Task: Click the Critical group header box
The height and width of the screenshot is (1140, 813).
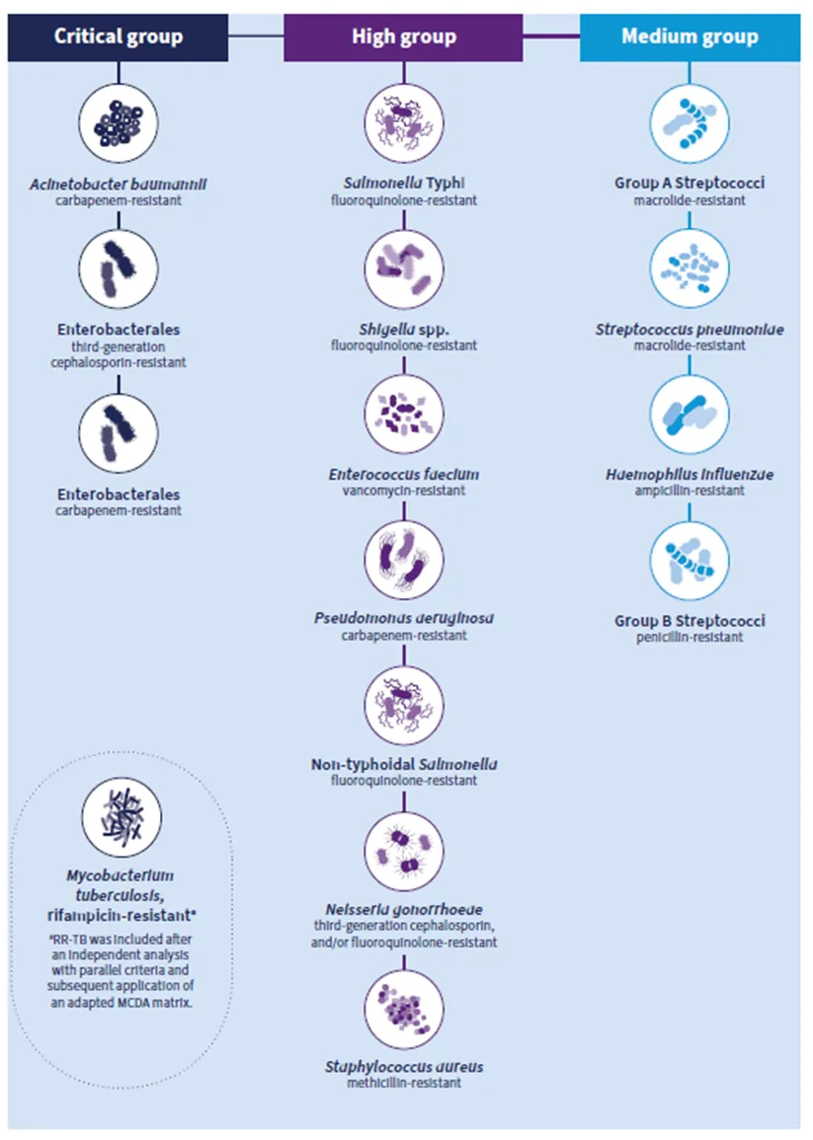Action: pyautogui.click(x=119, y=38)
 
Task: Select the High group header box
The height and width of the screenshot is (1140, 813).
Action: pyautogui.click(x=403, y=38)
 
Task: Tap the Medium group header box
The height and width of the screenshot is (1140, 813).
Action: pyautogui.click(x=690, y=38)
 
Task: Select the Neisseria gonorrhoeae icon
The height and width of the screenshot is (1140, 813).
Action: pyautogui.click(x=404, y=849)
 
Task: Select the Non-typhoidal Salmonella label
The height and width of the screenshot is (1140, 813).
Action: pyautogui.click(x=404, y=765)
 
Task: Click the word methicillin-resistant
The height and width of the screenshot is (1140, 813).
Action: pyautogui.click(x=404, y=1083)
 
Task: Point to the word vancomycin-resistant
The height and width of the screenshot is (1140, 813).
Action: pyautogui.click(x=404, y=491)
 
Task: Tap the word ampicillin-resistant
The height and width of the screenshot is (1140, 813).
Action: pyautogui.click(x=690, y=491)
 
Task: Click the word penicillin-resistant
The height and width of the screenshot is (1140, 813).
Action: pyautogui.click(x=690, y=638)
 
